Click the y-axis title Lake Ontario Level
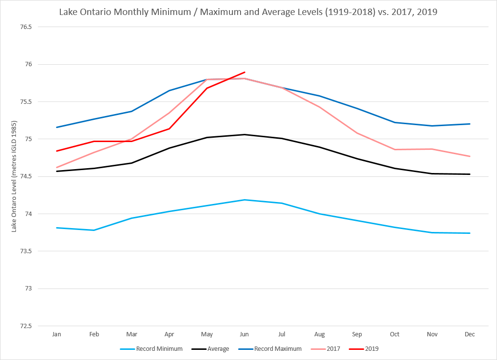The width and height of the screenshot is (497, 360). (x=14, y=176)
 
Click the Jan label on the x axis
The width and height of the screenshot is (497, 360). (x=57, y=334)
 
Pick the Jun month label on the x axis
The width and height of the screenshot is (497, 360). (x=244, y=334)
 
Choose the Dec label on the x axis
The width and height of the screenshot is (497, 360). (x=469, y=334)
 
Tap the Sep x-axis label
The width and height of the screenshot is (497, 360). (x=357, y=334)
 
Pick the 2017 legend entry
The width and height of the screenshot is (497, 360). (x=332, y=348)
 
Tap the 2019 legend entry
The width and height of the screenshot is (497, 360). (x=372, y=348)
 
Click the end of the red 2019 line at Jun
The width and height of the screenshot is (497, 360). (x=245, y=72)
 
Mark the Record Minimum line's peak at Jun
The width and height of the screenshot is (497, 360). (x=244, y=200)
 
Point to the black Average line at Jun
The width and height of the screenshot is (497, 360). (x=244, y=134)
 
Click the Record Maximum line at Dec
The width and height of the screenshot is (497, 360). (x=469, y=124)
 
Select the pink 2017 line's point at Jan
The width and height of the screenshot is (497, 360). (x=57, y=168)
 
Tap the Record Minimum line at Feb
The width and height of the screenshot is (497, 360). (x=94, y=230)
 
